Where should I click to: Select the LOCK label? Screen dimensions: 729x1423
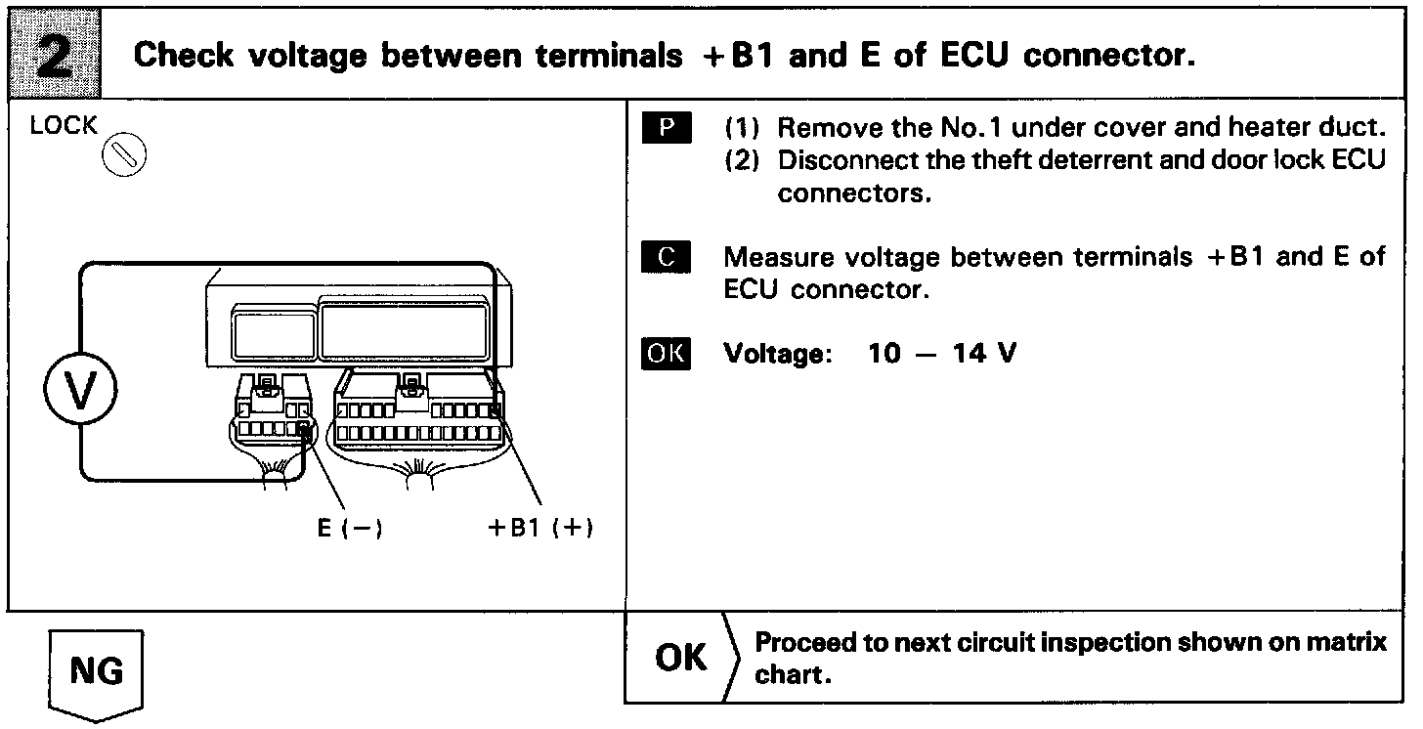tap(65, 126)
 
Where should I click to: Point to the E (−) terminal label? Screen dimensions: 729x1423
tap(349, 528)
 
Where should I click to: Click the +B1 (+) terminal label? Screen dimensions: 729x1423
tap(541, 528)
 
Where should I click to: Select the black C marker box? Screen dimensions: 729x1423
tap(667, 258)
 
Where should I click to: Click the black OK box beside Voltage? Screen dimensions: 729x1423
tap(667, 353)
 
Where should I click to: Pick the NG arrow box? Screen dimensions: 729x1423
tap(96, 672)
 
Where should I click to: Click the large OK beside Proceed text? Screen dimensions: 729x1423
tap(681, 658)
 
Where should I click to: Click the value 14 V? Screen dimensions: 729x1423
tap(985, 353)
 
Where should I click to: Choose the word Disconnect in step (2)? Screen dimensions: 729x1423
tap(840, 160)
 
